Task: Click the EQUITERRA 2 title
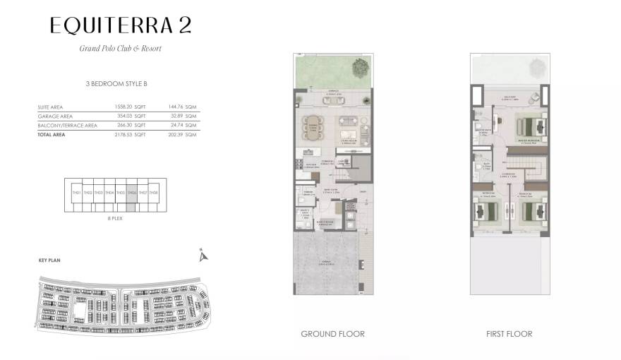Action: [x=120, y=25]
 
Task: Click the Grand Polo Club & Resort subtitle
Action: [x=120, y=49]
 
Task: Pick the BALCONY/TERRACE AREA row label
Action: [x=68, y=126]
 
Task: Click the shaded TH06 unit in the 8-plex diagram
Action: [x=131, y=193]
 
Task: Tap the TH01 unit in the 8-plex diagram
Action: [x=76, y=193]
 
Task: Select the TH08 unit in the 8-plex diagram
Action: [x=153, y=193]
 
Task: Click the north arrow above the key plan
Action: [x=203, y=255]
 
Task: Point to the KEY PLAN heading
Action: [x=49, y=260]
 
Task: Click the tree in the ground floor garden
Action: [x=361, y=68]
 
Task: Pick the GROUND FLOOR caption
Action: [x=332, y=334]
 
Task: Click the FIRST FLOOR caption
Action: [x=509, y=334]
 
